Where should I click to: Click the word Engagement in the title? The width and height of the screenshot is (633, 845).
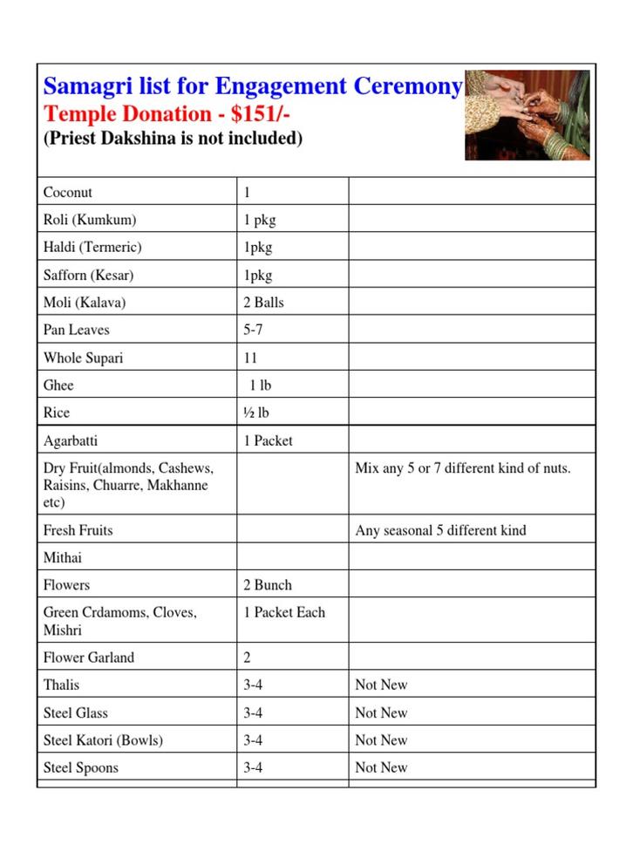281,86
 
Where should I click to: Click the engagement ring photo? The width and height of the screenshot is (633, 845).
527,115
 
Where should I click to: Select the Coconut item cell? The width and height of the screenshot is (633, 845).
68,192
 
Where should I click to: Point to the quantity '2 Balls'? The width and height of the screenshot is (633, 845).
263,303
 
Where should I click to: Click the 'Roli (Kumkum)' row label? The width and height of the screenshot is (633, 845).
90,220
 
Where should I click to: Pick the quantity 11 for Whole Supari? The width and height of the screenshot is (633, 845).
250,358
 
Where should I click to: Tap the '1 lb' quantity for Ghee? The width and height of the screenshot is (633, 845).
260,385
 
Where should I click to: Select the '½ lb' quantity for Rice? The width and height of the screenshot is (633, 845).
256,412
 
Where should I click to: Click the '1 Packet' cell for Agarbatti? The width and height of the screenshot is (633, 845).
268,440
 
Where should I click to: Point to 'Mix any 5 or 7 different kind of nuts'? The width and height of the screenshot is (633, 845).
463,468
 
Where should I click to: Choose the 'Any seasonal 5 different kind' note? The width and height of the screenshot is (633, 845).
440,530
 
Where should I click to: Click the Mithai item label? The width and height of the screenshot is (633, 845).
63,557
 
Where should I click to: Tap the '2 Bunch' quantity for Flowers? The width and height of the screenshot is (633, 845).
268,585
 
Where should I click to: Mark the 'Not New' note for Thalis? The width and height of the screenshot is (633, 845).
381,685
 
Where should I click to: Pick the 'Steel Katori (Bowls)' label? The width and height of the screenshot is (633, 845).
103,740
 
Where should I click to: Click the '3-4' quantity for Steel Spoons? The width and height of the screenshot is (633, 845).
254,767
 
